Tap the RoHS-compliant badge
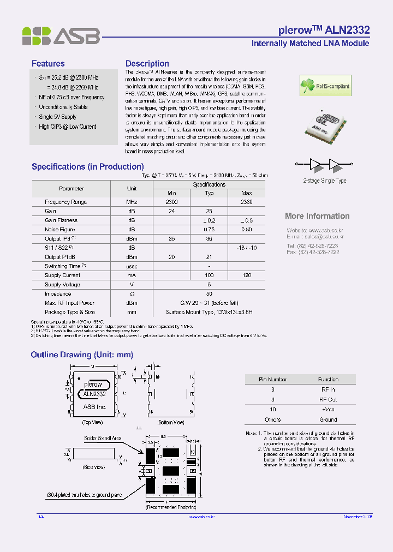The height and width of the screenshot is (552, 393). click(325, 86)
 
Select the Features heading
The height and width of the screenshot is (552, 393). click(48, 64)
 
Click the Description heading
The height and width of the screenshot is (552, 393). click(147, 64)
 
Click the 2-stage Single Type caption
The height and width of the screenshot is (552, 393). click(325, 181)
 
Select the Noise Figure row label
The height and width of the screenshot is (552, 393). click(60, 230)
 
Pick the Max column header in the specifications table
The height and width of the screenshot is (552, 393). click(246, 193)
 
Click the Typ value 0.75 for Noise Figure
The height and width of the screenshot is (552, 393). click(209, 230)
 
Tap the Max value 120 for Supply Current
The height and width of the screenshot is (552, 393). click(246, 275)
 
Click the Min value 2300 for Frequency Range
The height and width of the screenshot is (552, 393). click(172, 202)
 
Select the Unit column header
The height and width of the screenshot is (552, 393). click(132, 189)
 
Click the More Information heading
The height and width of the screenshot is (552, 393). click(317, 216)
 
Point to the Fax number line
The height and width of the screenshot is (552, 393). click(313, 252)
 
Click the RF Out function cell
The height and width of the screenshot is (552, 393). click(328, 399)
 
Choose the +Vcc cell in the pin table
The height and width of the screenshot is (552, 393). click(328, 409)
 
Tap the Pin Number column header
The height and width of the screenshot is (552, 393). click(273, 379)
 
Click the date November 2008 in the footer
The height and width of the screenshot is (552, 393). click(358, 517)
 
